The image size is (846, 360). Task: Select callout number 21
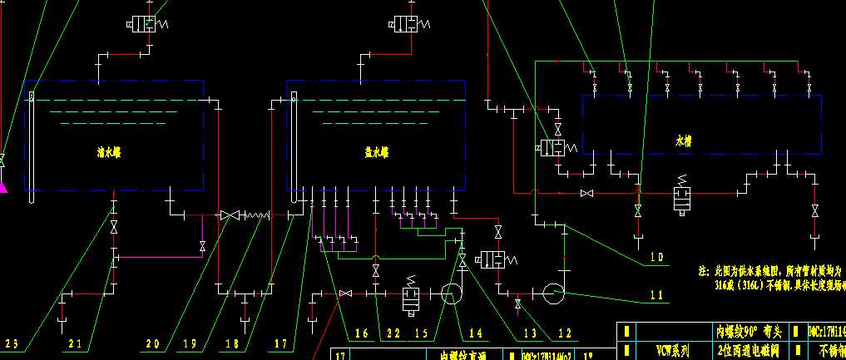(x=75, y=343)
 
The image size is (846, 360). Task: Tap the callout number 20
(x=152, y=343)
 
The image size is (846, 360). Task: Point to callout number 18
(x=232, y=343)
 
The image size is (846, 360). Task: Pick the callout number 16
(x=361, y=333)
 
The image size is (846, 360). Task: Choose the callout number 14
(x=475, y=333)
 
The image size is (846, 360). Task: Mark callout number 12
(x=566, y=333)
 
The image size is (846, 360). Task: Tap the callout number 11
(x=657, y=294)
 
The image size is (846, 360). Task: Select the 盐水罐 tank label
(x=377, y=152)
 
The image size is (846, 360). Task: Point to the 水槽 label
(x=684, y=141)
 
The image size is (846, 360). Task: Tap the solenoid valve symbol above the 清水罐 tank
(x=147, y=23)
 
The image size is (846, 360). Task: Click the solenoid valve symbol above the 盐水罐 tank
(x=407, y=23)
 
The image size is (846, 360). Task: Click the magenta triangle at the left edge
(x=2, y=188)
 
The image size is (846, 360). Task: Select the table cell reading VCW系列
(x=671, y=352)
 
